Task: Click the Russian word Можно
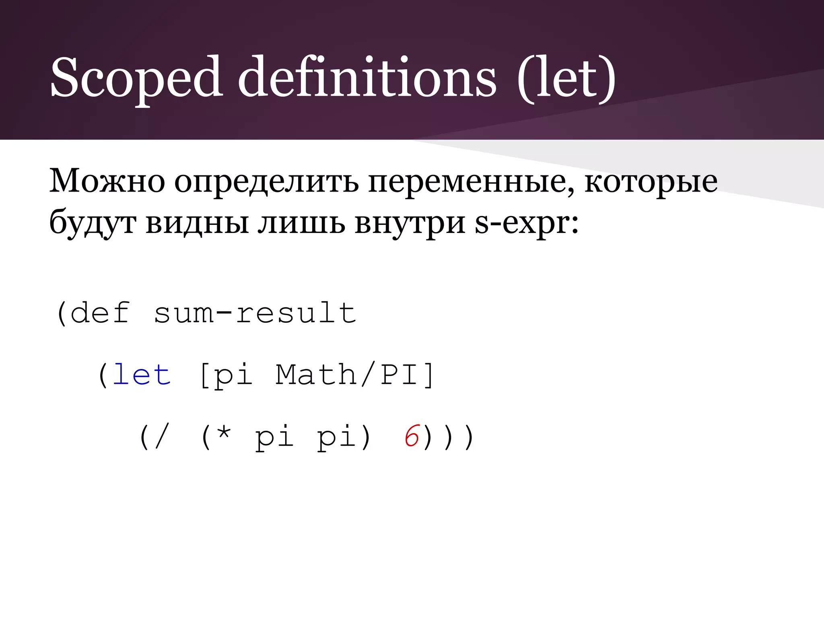click(x=107, y=181)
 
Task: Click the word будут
click(x=93, y=224)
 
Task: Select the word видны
click(x=197, y=223)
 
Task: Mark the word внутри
click(x=410, y=224)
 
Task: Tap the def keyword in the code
click(x=100, y=313)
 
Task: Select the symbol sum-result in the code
click(x=255, y=313)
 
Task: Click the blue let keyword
click(x=142, y=375)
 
